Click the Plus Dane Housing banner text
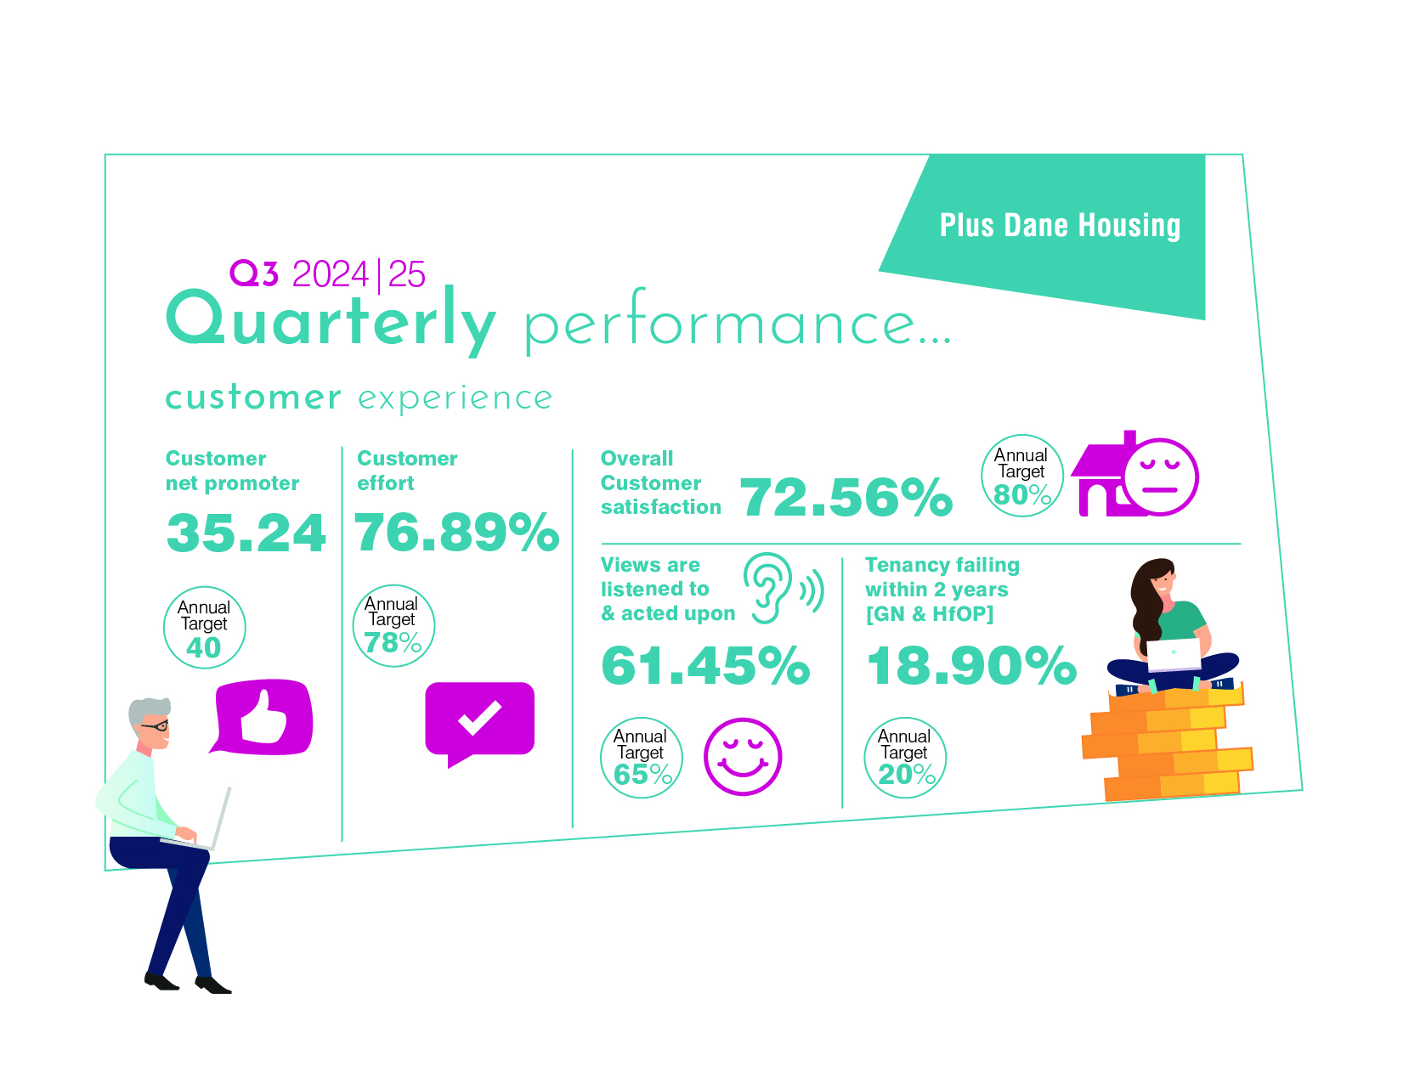1059,224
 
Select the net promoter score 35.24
246,533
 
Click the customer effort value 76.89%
456,532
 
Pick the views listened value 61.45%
704,664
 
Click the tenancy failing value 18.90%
970,664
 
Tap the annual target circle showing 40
204,626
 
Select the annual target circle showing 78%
393,624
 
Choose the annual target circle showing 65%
641,757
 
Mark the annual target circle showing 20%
904,757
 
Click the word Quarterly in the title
330,320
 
